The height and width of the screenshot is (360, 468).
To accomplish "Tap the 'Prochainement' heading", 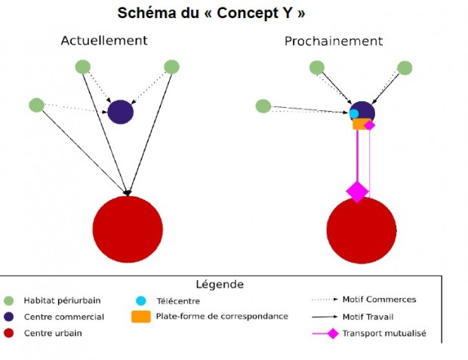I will coord(333,41).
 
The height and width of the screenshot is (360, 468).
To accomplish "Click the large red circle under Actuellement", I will coord(128,229).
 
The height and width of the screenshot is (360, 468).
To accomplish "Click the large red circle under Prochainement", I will coord(362,230).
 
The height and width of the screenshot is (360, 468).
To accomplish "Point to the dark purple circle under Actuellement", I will coord(120,112).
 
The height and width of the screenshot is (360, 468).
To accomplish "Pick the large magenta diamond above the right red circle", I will coord(357,191).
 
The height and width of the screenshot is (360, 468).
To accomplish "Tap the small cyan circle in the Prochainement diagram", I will coord(354,114).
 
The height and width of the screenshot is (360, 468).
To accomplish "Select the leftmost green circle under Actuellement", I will coord(36,105).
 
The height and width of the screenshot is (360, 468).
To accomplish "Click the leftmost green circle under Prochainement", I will coord(263,106).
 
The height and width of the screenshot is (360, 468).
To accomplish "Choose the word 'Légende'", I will coord(220,285).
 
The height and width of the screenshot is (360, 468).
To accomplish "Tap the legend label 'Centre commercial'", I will coord(64,317).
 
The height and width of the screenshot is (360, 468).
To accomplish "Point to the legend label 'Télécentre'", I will coord(178,300).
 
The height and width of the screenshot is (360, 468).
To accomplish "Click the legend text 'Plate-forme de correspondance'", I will coord(222,315).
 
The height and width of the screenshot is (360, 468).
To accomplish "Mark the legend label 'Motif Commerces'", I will coord(379,300).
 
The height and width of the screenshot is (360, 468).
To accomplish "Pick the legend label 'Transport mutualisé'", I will coord(384,333).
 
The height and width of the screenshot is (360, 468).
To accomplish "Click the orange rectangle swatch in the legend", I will coord(140,315).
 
